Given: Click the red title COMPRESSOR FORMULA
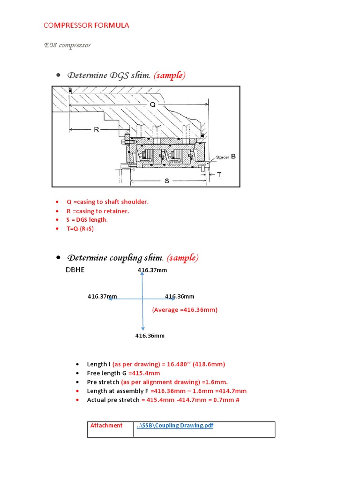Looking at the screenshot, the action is pos(86,25).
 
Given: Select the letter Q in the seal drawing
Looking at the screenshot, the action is pos(152,105).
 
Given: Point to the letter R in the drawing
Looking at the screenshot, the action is pos(96,129).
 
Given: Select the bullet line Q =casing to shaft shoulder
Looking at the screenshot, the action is pos(107,202).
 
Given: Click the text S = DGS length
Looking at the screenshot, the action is pos(87,220).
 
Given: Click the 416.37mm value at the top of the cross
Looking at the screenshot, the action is pos(152,270).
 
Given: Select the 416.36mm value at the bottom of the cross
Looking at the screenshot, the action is pos(150,336).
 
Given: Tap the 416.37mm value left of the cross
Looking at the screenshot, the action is pos(102,296).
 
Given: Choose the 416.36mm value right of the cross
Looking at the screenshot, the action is pos(180,296).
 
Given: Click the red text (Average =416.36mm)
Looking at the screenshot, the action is pos(185,310).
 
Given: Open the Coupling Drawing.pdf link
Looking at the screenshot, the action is pos(174,426).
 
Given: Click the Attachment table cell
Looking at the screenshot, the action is pos(110,429).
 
